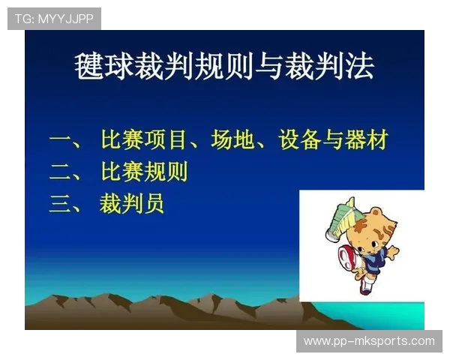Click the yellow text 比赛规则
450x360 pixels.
143,172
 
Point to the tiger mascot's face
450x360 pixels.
370,233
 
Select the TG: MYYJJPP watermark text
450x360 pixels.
54,18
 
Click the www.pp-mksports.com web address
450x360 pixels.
368,341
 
